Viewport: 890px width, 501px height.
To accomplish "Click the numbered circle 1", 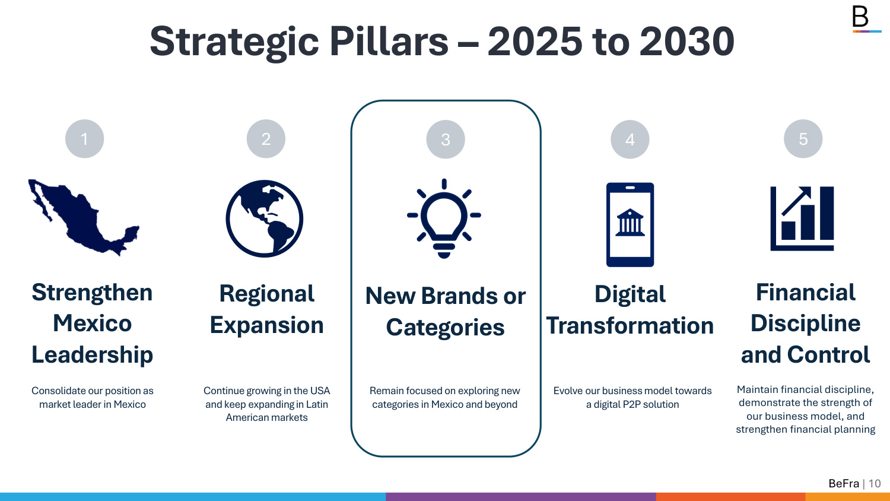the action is (85, 139).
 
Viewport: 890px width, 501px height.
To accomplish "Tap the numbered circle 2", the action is (266, 139).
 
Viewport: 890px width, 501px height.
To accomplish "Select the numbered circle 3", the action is (446, 139).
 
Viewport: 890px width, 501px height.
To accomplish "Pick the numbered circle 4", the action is (630, 139).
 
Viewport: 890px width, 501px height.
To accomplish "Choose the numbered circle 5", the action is (803, 139).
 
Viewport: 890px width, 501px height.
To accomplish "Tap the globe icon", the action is (264, 218).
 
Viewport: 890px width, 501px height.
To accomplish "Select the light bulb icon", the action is (444, 218).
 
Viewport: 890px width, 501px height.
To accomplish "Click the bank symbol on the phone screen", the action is (630, 223).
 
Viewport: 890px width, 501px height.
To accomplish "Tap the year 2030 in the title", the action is (687, 42).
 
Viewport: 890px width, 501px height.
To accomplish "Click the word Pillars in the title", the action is (389, 42).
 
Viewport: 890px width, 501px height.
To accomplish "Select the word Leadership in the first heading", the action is (92, 354).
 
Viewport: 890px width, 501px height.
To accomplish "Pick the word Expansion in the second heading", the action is (266, 326).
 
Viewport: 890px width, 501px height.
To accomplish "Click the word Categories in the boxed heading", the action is (445, 328).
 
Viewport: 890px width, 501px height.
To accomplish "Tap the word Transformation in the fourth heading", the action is (630, 326).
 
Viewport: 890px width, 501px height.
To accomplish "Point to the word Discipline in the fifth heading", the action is (805, 323).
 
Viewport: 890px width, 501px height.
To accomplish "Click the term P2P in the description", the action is (632, 404).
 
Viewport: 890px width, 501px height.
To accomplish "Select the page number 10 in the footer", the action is (875, 484).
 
